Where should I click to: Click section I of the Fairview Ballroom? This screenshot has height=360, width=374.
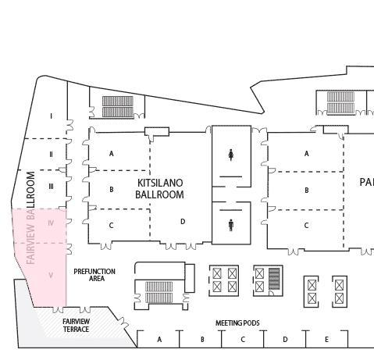tap(52, 116)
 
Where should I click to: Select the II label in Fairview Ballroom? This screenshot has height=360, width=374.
tap(52, 154)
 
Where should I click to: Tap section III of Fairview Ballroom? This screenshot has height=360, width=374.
tap(52, 187)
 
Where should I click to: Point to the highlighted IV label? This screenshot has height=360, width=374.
tap(52, 223)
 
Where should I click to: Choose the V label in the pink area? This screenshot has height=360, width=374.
tap(52, 275)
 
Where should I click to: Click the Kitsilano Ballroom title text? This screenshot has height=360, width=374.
tap(160, 188)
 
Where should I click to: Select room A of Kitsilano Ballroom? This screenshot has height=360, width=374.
tap(112, 154)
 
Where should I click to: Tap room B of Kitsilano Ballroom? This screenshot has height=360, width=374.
tap(112, 190)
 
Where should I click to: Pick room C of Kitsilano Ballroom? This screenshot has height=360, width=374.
tap(112, 226)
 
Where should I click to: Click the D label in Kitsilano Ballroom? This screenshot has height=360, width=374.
tap(183, 222)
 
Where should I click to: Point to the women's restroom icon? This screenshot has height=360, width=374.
tap(231, 155)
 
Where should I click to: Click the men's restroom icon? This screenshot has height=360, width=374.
tap(231, 225)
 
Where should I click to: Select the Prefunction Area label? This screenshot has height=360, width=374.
tap(94, 275)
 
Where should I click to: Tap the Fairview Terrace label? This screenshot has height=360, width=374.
tap(76, 326)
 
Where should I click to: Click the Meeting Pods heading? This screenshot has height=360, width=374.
tap(237, 323)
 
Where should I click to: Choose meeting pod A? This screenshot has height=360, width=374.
tap(159, 340)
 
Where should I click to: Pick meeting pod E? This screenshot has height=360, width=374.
tap(326, 340)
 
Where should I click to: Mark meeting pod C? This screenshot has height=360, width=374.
tap(243, 340)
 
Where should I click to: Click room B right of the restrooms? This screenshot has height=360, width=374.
tap(307, 190)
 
